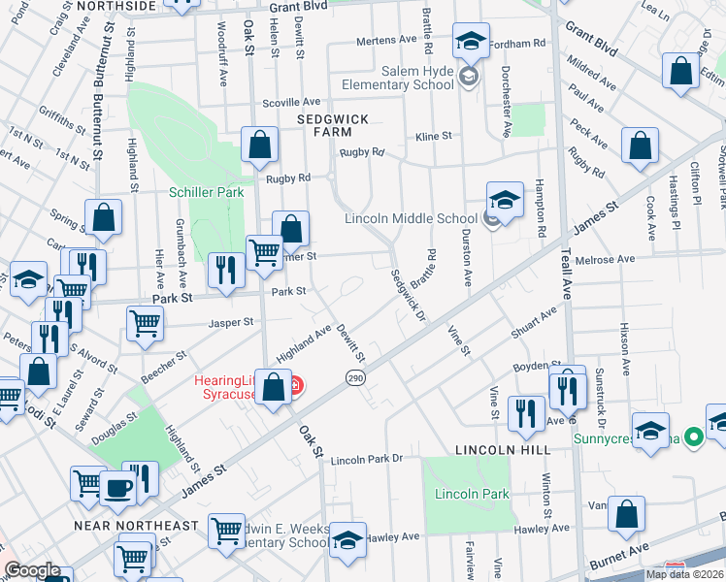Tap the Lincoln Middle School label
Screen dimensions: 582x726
click(412, 218)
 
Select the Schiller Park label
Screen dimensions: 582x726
click(206, 192)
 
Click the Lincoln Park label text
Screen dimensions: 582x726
click(458, 494)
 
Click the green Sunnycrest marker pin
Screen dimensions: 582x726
click(692, 438)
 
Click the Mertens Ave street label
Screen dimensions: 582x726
click(385, 40)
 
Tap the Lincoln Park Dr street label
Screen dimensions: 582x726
click(365, 459)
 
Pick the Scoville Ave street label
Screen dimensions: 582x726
click(292, 102)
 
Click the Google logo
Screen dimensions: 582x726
click(34, 570)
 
